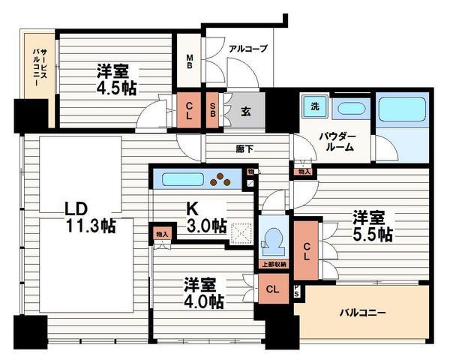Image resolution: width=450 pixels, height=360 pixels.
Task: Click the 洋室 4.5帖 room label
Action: pyautogui.click(x=115, y=79)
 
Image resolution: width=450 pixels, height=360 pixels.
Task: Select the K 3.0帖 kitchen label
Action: pyautogui.click(x=205, y=217)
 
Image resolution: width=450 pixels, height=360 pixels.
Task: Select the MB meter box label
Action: pyautogui.click(x=190, y=59)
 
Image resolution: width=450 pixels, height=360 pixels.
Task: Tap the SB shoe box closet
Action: pyautogui.click(x=213, y=110)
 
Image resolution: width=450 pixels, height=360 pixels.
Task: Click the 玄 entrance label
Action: pyautogui.click(x=245, y=111)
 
